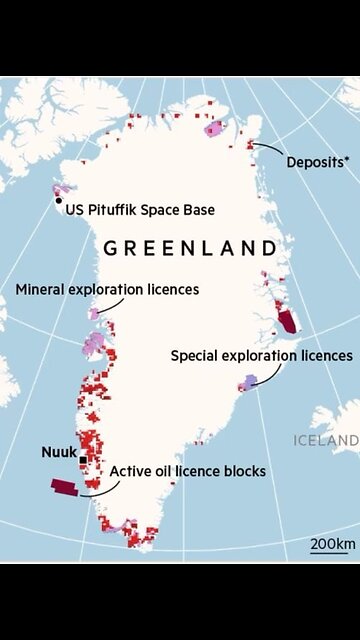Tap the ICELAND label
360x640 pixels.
[x=326, y=440]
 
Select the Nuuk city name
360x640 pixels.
[x=58, y=452]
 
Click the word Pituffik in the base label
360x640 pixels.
[x=118, y=210]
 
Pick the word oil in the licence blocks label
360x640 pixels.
[x=167, y=470]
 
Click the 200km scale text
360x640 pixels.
[x=332, y=543]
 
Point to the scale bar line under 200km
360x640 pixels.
[x=332, y=553]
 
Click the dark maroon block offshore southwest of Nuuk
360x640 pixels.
[x=67, y=487]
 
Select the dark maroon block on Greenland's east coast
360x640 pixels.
[x=289, y=321]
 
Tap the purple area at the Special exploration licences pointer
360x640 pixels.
[x=249, y=382]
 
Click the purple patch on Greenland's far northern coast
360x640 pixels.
[x=213, y=128]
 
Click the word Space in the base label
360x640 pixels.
[x=168, y=210]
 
